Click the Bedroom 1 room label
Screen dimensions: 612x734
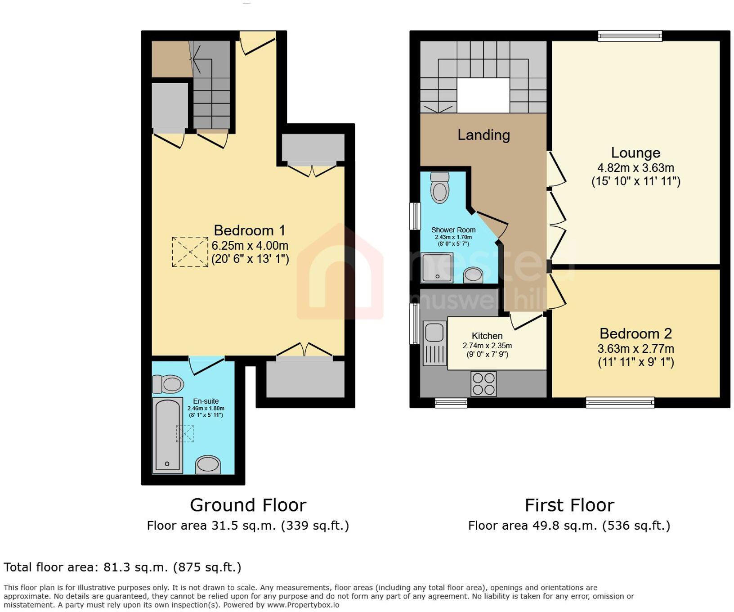coord(250,230)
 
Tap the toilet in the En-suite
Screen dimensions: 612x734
coord(169,384)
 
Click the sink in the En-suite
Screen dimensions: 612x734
coord(208,464)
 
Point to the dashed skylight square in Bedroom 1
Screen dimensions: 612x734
coord(190,252)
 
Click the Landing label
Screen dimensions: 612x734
coord(483,135)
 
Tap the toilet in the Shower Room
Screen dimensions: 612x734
coord(439,188)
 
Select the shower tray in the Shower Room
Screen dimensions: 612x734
coord(437,267)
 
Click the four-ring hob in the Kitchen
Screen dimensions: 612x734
coord(483,383)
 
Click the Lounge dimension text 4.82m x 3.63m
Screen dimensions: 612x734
coord(635,168)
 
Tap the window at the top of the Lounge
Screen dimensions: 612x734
coord(630,36)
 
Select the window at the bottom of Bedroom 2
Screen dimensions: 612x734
coord(620,402)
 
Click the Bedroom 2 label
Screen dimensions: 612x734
coord(635,333)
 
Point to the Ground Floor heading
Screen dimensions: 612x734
coord(248,505)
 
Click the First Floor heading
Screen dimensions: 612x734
coord(569,505)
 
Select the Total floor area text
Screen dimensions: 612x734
coord(122,567)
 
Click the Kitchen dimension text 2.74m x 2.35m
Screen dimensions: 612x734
coord(487,346)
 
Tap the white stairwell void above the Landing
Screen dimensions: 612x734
coord(483,95)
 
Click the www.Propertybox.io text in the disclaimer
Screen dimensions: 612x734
coord(303,605)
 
